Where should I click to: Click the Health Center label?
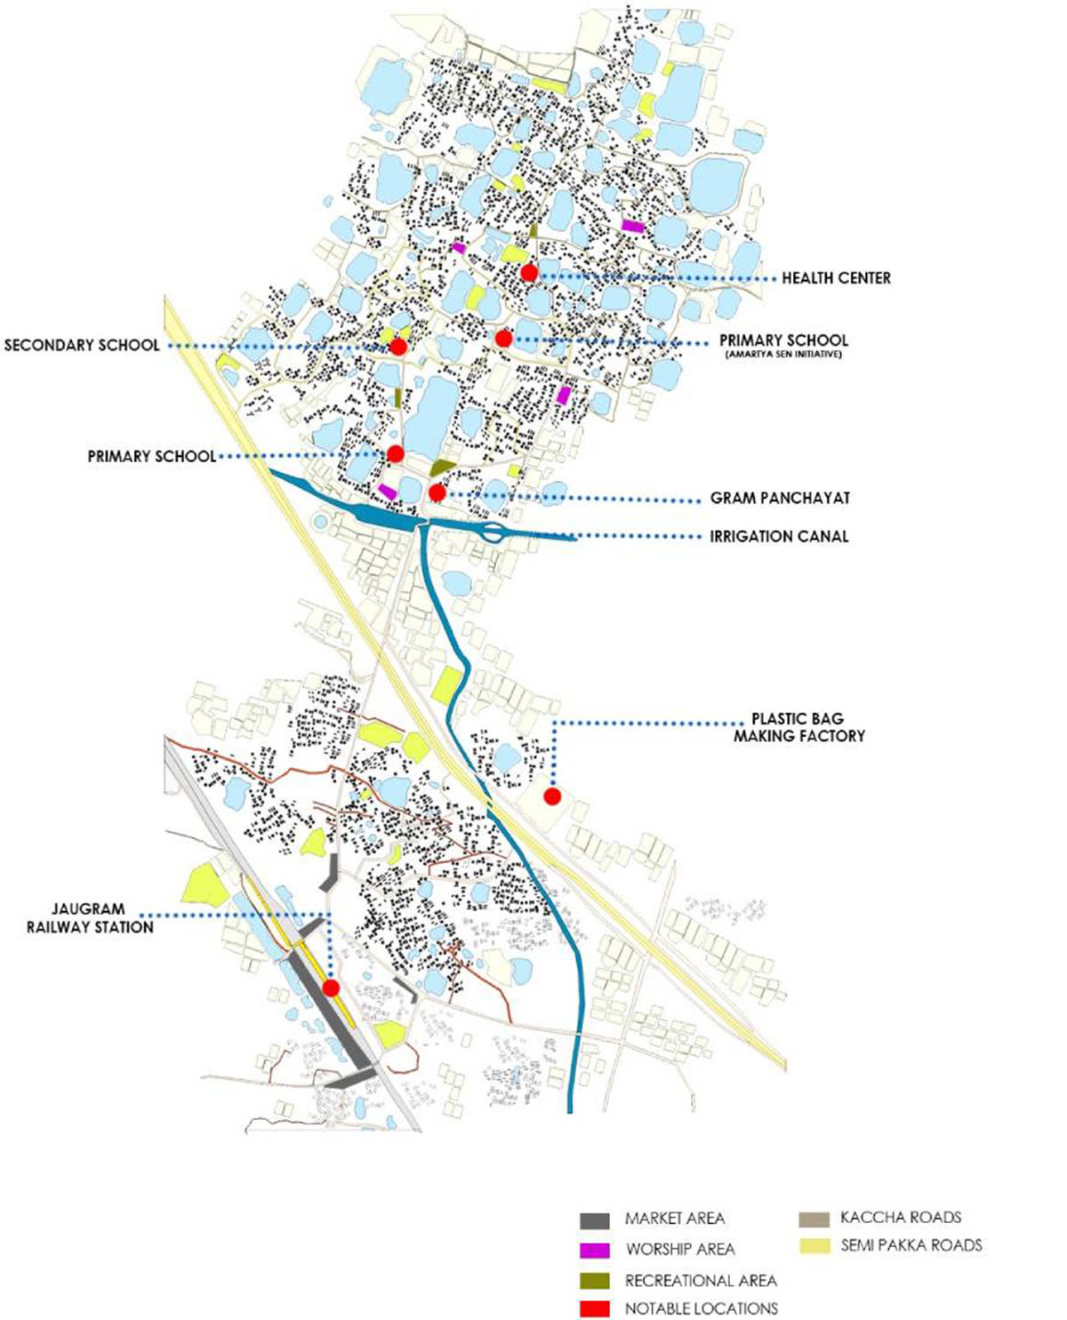click(836, 278)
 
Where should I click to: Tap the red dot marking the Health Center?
click(529, 273)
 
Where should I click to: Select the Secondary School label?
click(82, 345)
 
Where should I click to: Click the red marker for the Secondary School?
click(397, 347)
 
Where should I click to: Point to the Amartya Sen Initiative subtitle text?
click(783, 355)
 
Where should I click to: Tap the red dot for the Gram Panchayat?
click(437, 492)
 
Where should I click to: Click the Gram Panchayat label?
click(779, 499)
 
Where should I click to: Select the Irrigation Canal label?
click(779, 536)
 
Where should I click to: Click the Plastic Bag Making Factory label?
click(798, 727)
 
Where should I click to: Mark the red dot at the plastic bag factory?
click(552, 796)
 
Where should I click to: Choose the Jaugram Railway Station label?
click(90, 918)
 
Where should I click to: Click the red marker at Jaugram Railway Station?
click(331, 988)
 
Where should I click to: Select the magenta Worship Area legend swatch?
click(595, 1250)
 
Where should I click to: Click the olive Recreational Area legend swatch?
click(595, 1281)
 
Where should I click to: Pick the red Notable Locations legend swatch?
click(595, 1309)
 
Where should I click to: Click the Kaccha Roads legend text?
click(900, 1217)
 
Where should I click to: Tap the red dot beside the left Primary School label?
click(396, 454)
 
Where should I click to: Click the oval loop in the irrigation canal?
click(493, 533)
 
